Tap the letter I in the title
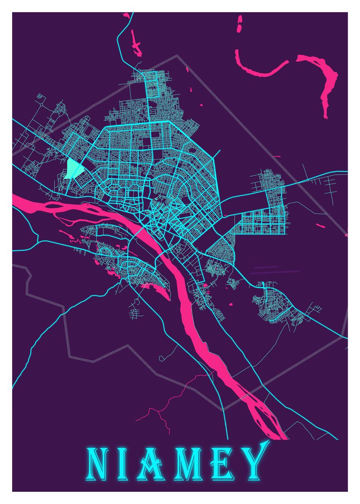[x=128, y=464]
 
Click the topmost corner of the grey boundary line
[x=177, y=55]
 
